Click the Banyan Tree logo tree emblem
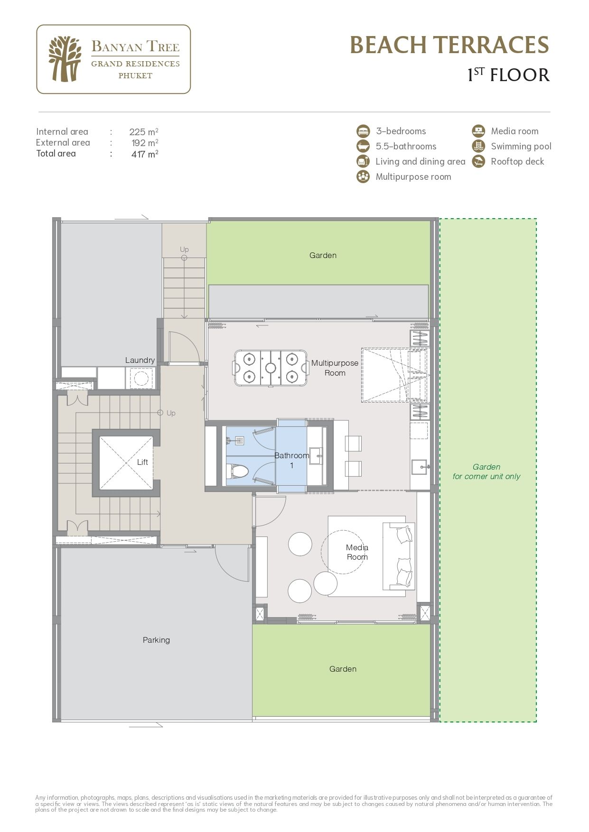[x=65, y=59]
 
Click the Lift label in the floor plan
[x=142, y=462]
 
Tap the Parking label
[x=156, y=640]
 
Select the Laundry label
[x=140, y=360]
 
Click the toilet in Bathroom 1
[x=239, y=471]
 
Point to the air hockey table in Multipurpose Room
[x=270, y=368]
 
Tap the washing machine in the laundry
[x=140, y=378]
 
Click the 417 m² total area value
[x=144, y=154]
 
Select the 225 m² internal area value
[x=143, y=132]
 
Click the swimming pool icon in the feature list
[x=478, y=146]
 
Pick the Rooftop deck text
[x=517, y=161]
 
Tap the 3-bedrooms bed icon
[x=363, y=131]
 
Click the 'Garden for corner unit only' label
[x=486, y=471]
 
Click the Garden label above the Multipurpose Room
[x=323, y=255]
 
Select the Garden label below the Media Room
[x=343, y=669]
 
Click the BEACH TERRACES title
[x=449, y=45]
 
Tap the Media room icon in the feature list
[x=478, y=131]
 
